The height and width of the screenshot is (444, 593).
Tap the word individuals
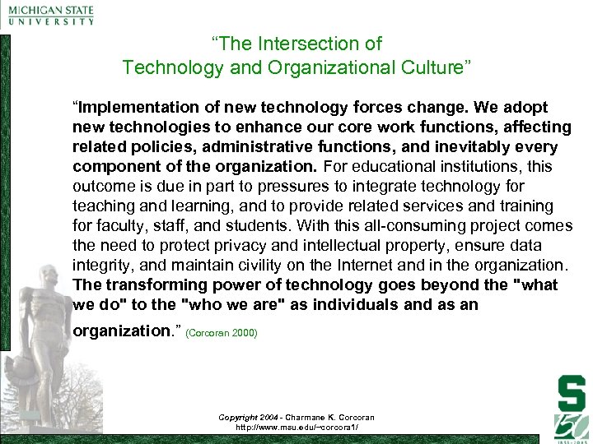click(382, 305)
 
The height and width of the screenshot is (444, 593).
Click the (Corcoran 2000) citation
click(222, 333)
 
